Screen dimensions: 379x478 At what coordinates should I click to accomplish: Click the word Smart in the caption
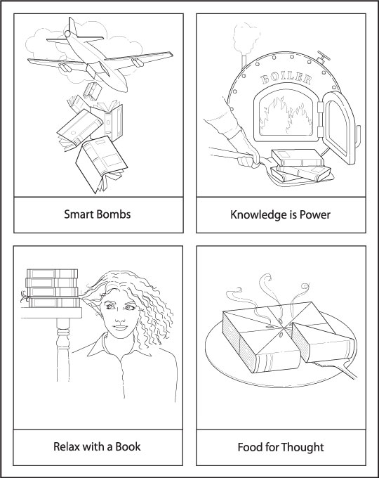coord(79,214)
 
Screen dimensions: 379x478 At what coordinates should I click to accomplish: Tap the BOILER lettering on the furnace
coord(286,79)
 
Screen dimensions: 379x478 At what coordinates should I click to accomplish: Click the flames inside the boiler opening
coord(286,117)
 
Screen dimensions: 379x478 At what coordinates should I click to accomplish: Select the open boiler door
coord(338,127)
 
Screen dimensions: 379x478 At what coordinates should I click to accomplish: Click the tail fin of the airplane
coord(72,27)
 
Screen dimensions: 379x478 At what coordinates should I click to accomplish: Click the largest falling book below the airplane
coord(102,164)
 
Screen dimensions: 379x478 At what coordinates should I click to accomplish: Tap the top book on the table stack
coord(52,273)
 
